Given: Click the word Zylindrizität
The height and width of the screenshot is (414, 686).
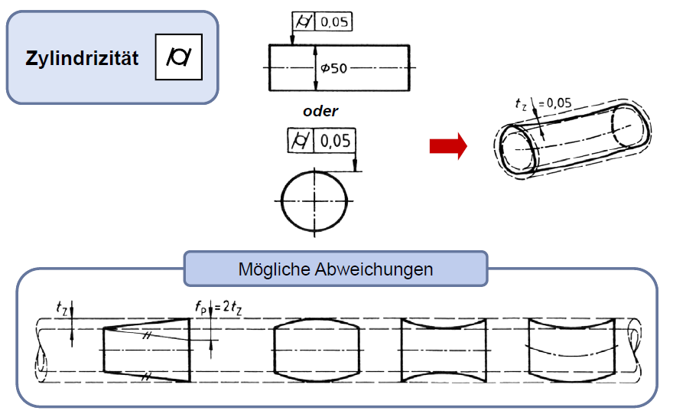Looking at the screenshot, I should coord(83,58).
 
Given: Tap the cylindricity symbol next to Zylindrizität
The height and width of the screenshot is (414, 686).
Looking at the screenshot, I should coord(178,57).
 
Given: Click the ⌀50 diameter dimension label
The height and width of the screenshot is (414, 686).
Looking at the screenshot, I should coord(335,69).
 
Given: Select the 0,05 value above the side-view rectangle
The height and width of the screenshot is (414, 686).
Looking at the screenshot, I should coord(333,23).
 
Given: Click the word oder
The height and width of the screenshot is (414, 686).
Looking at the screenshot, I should coord(320,111).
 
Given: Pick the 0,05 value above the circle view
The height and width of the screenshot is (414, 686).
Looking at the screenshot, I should coord(334,141).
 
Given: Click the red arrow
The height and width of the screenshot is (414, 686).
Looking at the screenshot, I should coord(447,146).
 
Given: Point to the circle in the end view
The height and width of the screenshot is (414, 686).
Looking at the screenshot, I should coord(314,200).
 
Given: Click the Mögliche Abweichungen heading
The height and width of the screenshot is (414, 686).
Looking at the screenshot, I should coord(335,269).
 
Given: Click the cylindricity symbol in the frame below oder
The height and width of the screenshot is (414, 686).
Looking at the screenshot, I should coord(300,141).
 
